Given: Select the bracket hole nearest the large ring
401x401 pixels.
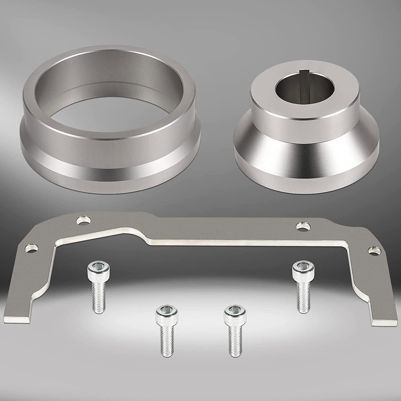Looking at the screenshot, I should tap(86, 219).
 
